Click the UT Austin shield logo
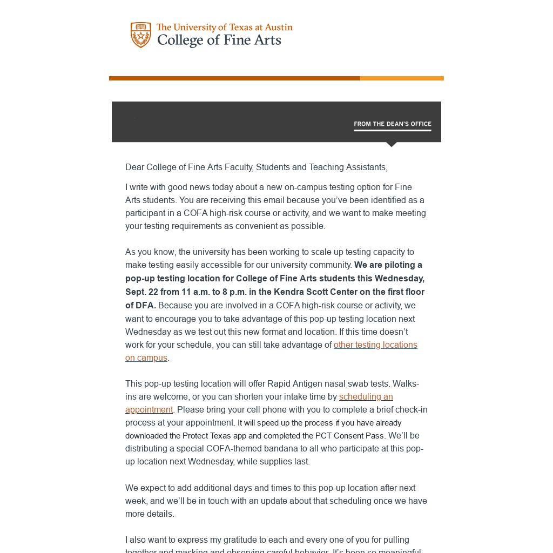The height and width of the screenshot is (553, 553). point(140,35)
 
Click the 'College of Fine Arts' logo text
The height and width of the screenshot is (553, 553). point(219,41)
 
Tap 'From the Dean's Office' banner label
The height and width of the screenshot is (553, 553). point(392,124)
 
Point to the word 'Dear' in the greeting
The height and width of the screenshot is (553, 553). point(135,167)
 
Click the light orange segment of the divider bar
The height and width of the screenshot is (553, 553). point(402,78)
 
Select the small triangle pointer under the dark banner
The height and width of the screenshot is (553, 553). point(392,144)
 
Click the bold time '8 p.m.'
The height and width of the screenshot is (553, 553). point(234,292)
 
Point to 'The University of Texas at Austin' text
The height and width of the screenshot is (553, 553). point(224,27)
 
